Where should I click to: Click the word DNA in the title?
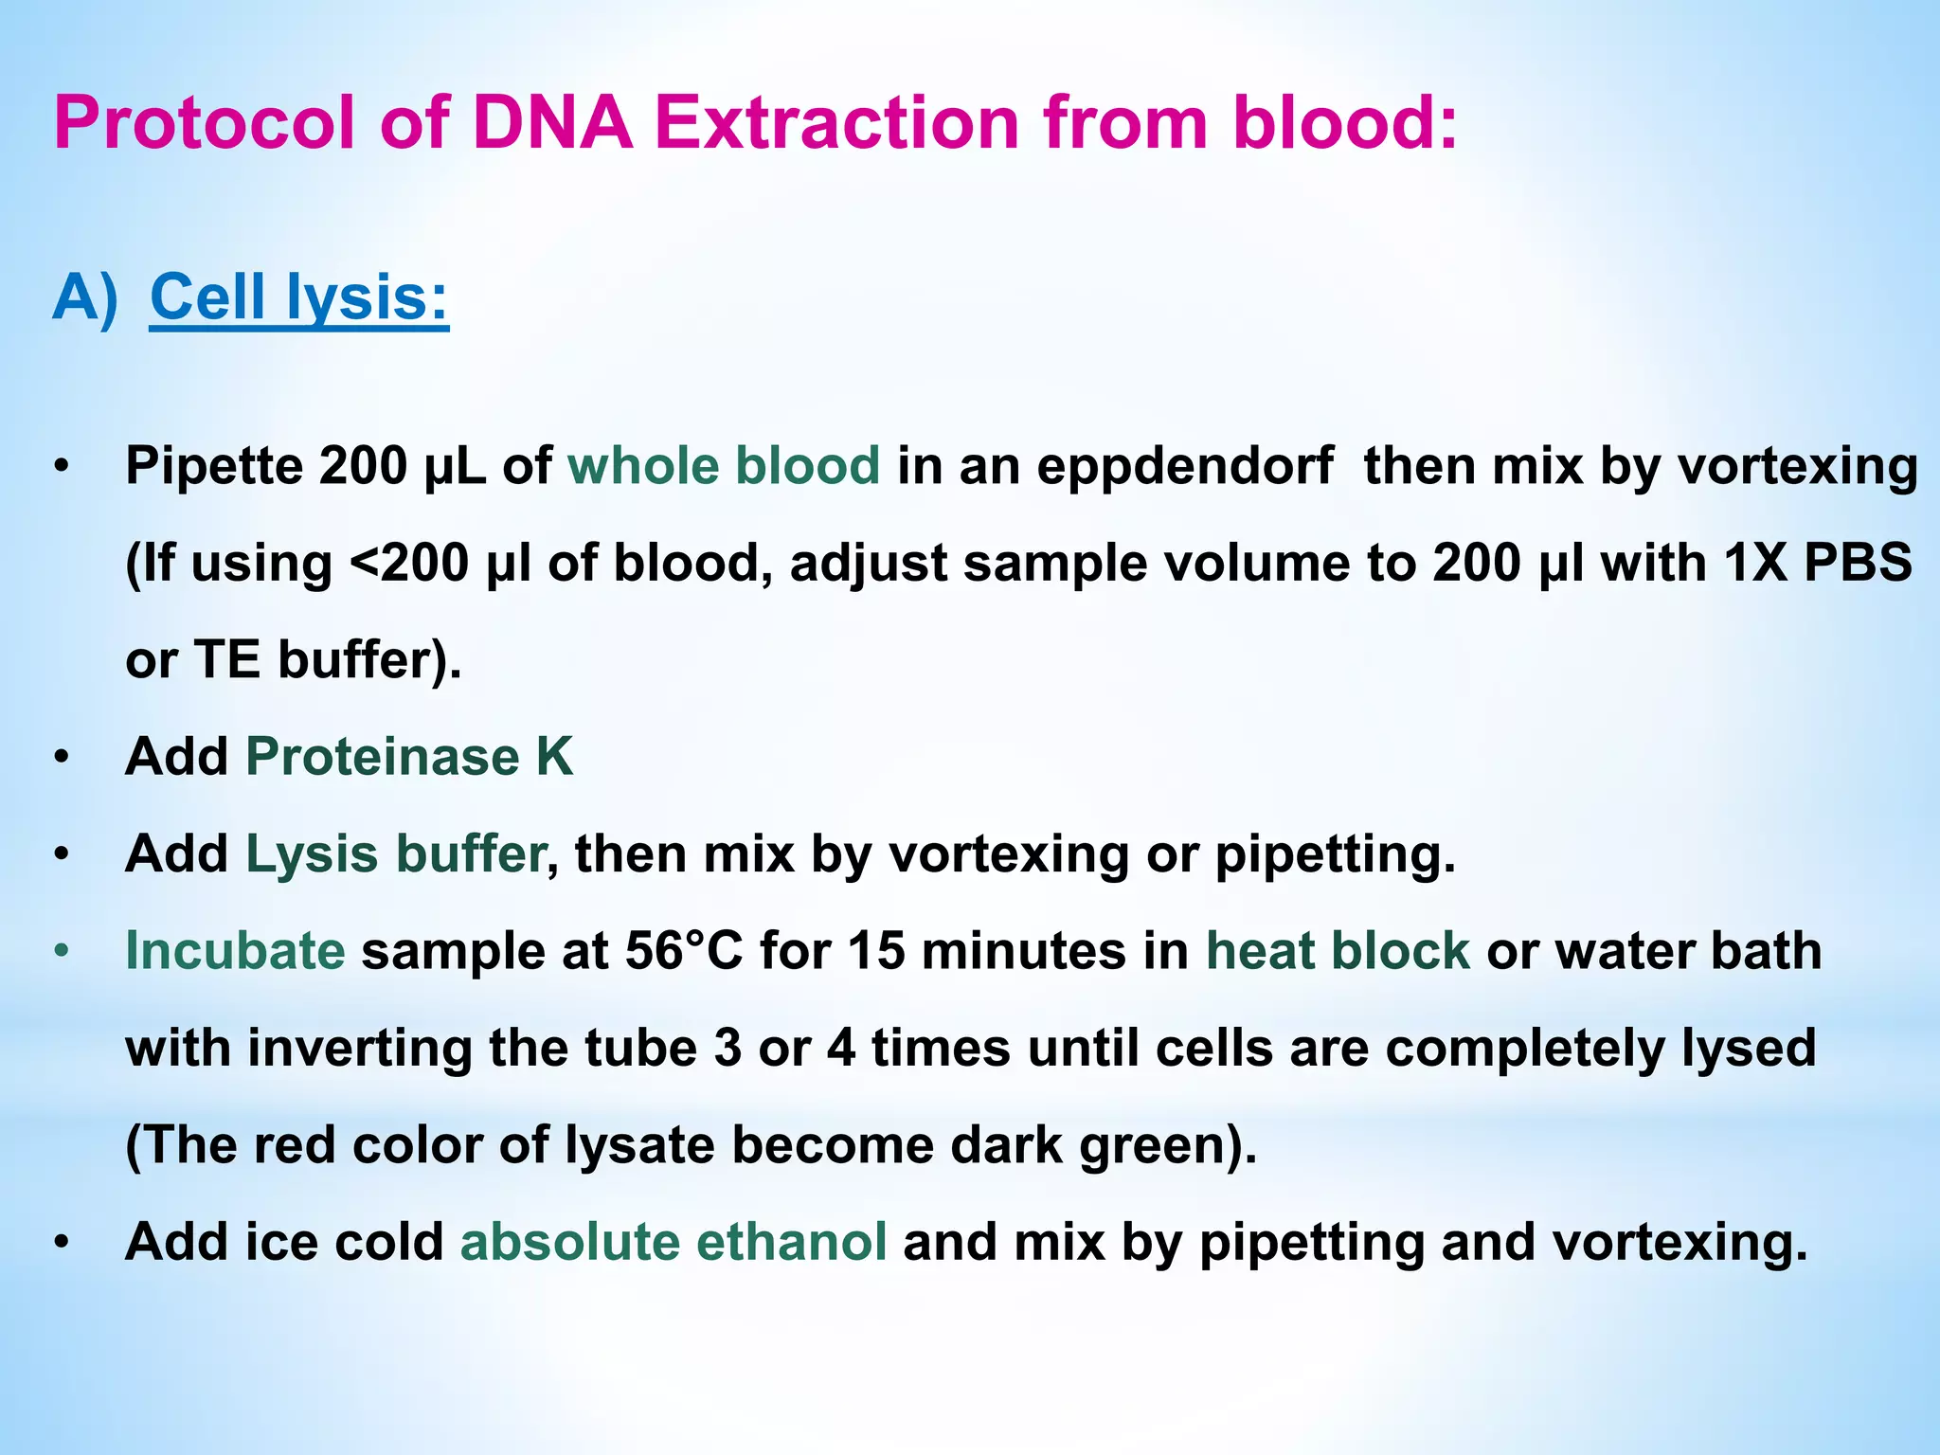552,123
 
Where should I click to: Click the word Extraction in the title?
836,123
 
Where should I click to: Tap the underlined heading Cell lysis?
299,297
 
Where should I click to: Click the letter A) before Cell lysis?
85,297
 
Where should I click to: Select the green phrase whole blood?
724,466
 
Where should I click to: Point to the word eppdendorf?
1185,466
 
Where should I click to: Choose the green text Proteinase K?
409,757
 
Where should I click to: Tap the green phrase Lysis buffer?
396,853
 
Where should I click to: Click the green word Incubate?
235,950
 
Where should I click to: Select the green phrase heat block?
1338,950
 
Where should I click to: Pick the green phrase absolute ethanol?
673,1241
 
